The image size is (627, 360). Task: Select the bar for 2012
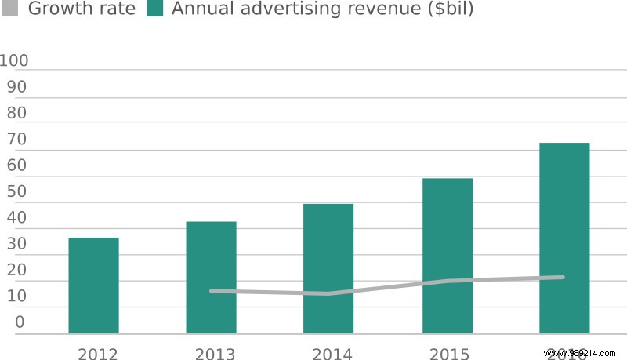pyautogui.click(x=93, y=285)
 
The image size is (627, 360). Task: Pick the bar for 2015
pyautogui.click(x=448, y=255)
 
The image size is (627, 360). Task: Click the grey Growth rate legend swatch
pyautogui.click(x=10, y=9)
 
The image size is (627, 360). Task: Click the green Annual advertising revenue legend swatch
pyautogui.click(x=154, y=9)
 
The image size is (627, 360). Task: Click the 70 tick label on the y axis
pyautogui.click(x=16, y=140)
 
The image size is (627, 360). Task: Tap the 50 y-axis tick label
pyautogui.click(x=16, y=191)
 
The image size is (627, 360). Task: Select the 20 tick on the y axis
pyautogui.click(x=16, y=270)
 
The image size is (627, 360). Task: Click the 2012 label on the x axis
pyautogui.click(x=97, y=354)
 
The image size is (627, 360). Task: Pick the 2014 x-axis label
pyautogui.click(x=332, y=354)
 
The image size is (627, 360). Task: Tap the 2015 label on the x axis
pyautogui.click(x=450, y=354)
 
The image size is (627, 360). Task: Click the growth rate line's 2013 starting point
pyautogui.click(x=212, y=291)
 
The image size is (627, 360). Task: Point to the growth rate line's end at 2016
pyautogui.click(x=564, y=277)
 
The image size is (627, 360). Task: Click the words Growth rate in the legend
pyautogui.click(x=82, y=9)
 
